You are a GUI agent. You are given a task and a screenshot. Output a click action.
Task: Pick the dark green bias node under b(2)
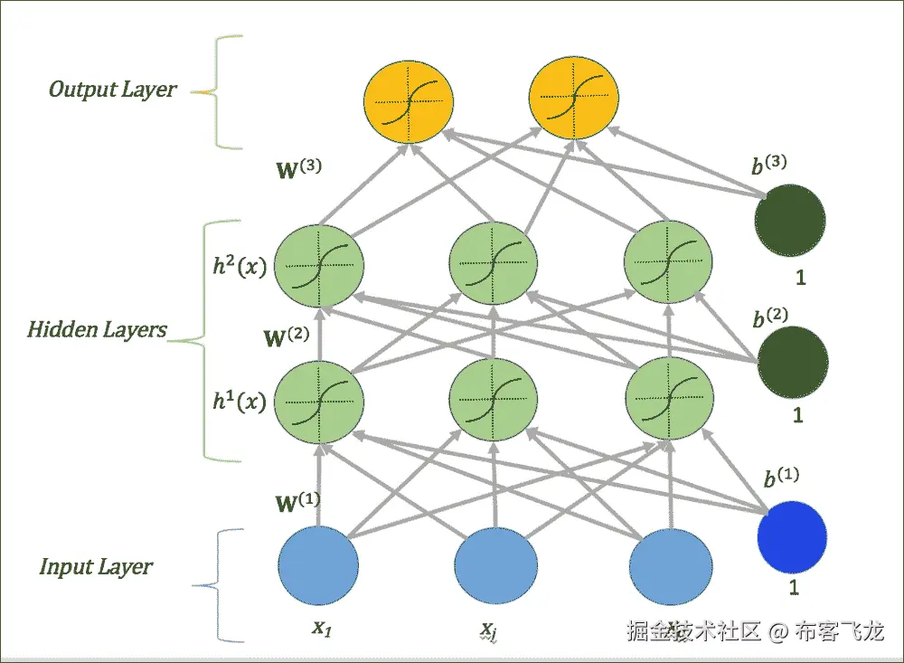pos(793,362)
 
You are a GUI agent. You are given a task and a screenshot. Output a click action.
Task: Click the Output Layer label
pos(113,90)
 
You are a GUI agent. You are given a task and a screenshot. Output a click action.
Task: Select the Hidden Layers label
pos(97,329)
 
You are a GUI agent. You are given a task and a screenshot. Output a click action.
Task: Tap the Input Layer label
pos(96,567)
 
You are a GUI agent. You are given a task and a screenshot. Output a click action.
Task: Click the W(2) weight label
pos(286,339)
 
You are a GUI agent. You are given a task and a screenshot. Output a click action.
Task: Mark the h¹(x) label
pos(239,400)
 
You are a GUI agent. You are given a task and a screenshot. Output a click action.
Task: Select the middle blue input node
pos(494,567)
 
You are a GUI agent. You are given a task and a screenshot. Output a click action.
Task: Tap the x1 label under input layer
pos(322,626)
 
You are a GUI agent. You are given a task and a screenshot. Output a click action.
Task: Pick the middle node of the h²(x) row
pos(494,263)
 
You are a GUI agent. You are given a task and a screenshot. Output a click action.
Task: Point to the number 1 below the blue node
pos(794,587)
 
